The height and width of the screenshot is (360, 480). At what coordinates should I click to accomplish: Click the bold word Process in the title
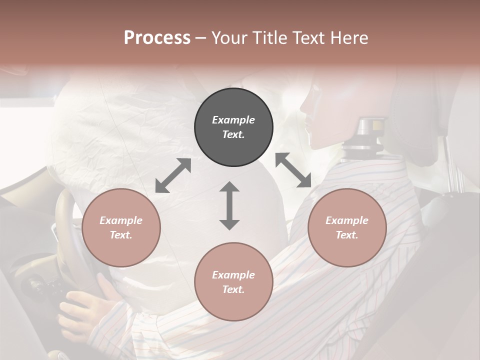coord(157,37)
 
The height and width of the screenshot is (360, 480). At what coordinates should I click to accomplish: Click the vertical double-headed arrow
coord(229,205)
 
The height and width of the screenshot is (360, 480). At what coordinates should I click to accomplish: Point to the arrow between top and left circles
coord(173,175)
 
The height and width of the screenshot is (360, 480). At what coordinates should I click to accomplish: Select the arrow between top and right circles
coord(293,170)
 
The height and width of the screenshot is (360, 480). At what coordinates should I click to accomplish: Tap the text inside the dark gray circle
coord(233,127)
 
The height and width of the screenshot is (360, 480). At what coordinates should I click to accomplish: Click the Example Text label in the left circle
coord(121,227)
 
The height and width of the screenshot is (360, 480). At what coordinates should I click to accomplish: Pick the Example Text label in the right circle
coord(347,227)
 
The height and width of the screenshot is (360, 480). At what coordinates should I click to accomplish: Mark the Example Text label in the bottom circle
coord(233,282)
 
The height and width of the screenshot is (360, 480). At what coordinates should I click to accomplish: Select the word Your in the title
coord(228,37)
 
